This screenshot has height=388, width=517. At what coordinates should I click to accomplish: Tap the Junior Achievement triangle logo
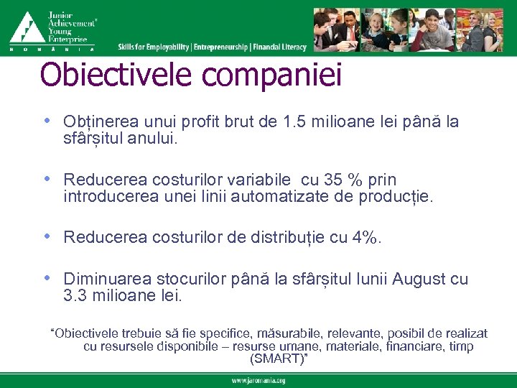(27, 28)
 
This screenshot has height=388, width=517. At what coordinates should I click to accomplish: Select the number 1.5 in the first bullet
(293, 122)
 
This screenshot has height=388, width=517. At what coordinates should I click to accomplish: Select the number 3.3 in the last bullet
(75, 295)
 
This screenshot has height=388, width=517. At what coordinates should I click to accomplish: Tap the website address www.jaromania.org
(258, 381)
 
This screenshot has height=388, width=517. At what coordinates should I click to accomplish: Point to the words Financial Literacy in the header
(280, 47)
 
